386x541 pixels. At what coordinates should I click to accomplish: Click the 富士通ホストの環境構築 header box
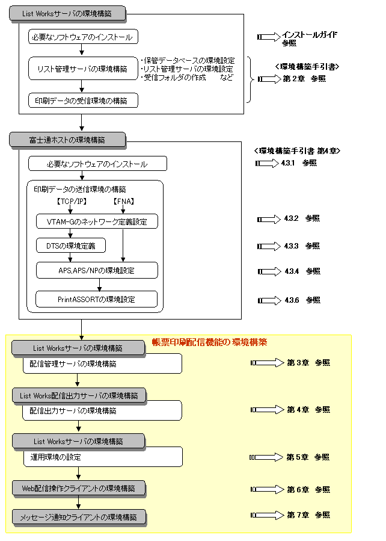[67, 140]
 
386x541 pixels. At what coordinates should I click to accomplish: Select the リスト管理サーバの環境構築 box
[83, 69]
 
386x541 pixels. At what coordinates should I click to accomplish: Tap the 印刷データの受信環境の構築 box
[83, 100]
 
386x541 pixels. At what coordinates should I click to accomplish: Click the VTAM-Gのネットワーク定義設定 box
[97, 221]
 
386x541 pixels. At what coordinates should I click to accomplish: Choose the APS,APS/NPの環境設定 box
[97, 270]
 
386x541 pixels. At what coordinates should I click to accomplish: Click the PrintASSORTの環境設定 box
[97, 299]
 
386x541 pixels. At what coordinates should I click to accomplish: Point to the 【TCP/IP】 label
[71, 201]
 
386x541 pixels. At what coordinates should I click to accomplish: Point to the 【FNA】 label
[123, 201]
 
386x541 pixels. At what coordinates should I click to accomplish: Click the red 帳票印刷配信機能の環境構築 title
[209, 342]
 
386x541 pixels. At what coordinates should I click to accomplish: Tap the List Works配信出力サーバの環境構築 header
[79, 395]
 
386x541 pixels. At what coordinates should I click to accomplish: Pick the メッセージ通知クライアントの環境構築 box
[79, 516]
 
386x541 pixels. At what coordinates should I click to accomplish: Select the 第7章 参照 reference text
[308, 515]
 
